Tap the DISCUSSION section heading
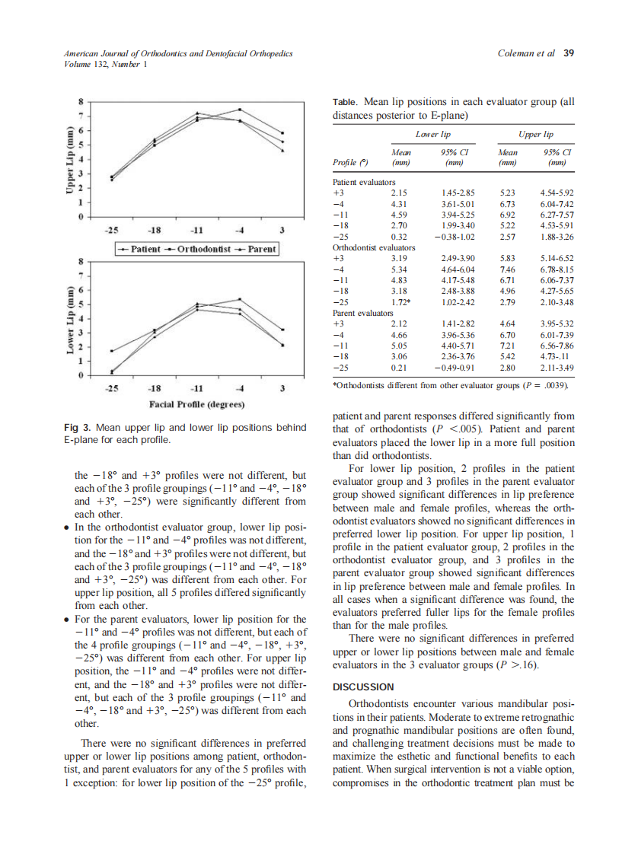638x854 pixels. (x=364, y=687)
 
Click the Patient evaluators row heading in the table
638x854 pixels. (x=365, y=183)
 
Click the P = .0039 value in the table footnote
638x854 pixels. (x=549, y=387)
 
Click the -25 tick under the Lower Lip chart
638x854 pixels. (x=112, y=388)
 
